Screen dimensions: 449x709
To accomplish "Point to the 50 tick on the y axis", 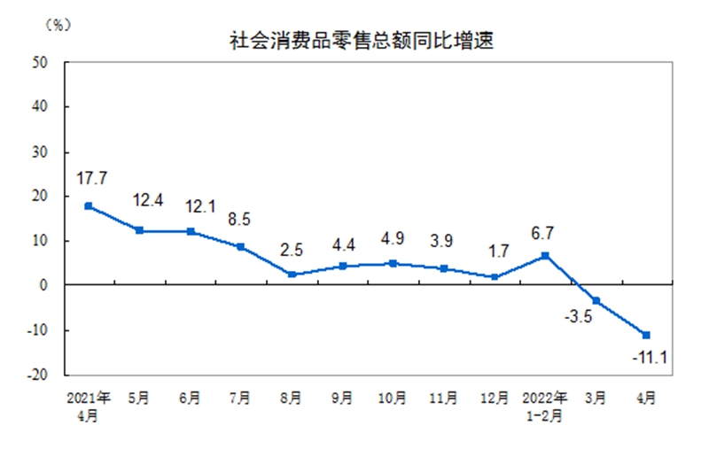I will point(41,62).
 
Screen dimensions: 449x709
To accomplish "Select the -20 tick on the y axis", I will point(37,375).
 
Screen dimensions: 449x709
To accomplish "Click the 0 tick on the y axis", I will point(44,285).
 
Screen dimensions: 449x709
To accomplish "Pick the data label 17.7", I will point(91,178).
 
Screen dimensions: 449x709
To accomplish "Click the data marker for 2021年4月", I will point(88,206).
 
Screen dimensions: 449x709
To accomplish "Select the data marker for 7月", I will point(241,247).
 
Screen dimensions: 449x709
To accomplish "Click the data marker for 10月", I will point(393,263).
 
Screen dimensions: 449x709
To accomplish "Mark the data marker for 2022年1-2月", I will point(545,255).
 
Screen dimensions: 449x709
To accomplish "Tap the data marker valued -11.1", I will point(647,335).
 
